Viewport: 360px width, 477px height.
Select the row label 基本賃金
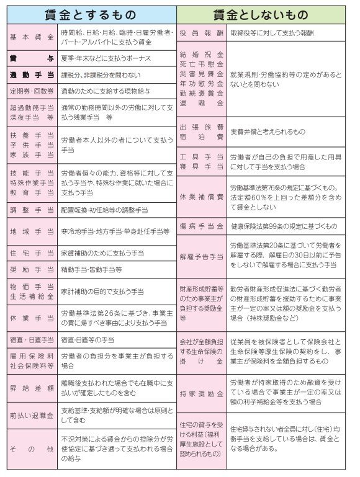32,37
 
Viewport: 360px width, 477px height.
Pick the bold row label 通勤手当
32,75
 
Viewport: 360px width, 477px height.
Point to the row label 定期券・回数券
32,91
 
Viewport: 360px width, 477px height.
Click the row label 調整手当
32,210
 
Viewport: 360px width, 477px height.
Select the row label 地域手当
32,231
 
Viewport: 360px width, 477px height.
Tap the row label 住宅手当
32,253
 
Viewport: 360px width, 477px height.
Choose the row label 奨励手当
32,270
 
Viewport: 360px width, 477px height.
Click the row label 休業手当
32,318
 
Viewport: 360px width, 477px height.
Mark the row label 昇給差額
32,388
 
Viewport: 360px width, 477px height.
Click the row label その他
32,447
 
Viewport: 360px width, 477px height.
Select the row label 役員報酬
200,32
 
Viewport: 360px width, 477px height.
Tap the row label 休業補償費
200,197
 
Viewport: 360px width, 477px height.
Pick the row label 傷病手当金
200,226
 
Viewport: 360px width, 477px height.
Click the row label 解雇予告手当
200,256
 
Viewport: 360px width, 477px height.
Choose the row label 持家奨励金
200,393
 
